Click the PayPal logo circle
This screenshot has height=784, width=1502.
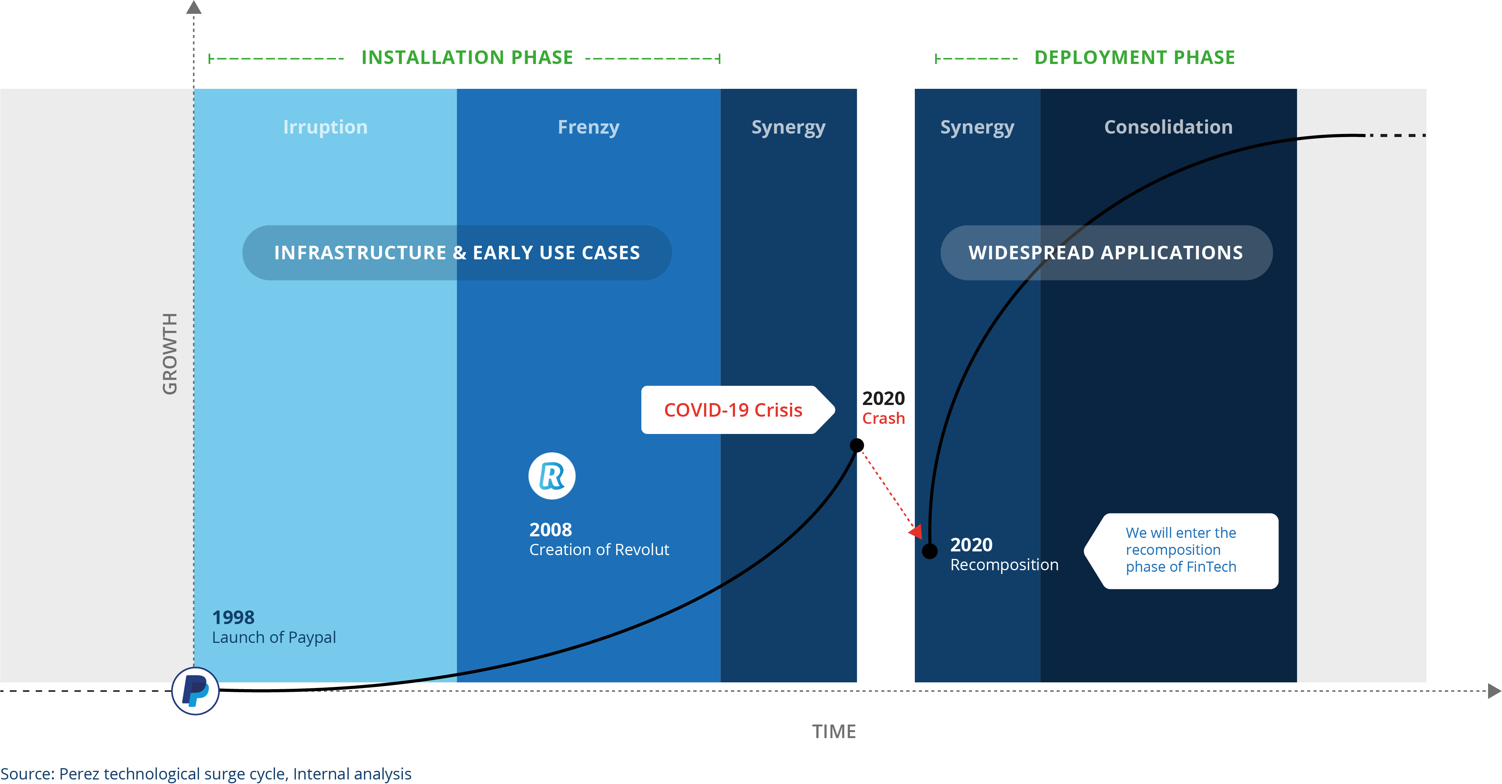[195, 691]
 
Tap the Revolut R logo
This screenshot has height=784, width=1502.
[551, 476]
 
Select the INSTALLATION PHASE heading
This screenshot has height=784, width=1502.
[467, 57]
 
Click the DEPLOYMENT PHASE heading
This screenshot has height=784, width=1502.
[1134, 57]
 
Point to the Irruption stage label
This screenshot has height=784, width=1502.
[325, 127]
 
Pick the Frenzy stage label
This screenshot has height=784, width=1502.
[588, 128]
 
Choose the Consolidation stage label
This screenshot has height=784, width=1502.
[1168, 127]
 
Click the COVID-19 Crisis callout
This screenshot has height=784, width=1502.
[738, 410]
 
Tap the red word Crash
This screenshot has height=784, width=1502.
[883, 418]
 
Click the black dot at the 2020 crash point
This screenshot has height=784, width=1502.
[857, 446]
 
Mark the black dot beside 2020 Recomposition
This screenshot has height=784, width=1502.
[930, 551]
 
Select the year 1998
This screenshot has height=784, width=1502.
[233, 617]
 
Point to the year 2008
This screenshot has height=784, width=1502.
[550, 530]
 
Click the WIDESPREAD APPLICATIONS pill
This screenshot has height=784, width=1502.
[1106, 253]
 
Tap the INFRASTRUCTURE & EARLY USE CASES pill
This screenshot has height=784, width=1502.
[457, 253]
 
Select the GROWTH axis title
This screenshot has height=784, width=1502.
[170, 353]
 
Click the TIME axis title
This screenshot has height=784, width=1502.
[834, 732]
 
